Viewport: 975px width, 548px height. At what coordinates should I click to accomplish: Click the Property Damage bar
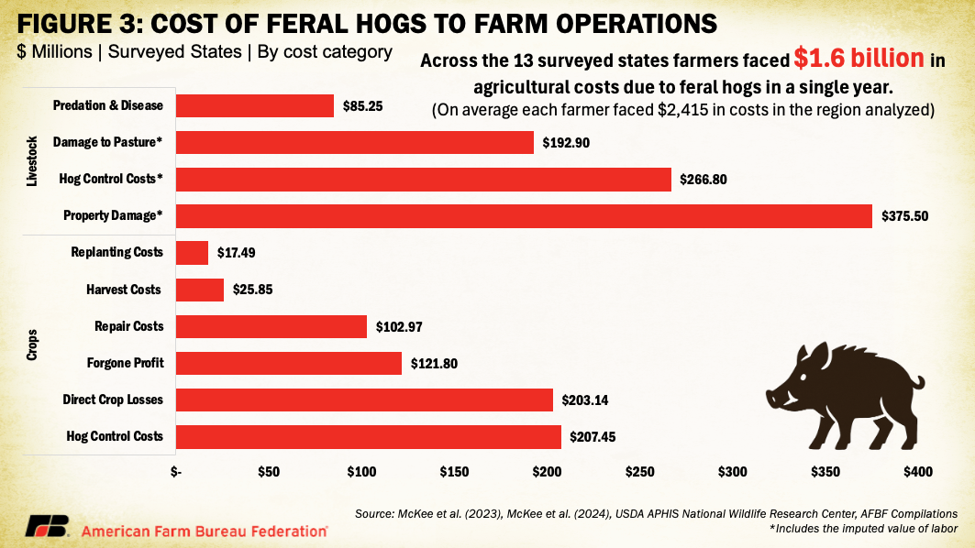(523, 215)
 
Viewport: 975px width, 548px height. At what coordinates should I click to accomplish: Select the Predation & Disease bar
(254, 105)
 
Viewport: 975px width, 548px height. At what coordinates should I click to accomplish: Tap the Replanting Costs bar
(192, 252)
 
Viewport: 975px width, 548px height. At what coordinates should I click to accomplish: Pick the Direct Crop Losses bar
(364, 400)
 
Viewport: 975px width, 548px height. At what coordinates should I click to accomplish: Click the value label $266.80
(704, 180)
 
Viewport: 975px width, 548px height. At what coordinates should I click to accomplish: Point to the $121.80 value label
(434, 363)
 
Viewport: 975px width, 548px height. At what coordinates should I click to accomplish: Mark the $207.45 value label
(593, 437)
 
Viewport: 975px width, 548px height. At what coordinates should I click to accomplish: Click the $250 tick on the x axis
(639, 472)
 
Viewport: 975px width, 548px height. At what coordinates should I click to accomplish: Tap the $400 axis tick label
(917, 472)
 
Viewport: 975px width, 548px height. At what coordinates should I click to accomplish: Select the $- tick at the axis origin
(176, 472)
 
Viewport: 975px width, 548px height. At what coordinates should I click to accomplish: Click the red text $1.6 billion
(859, 60)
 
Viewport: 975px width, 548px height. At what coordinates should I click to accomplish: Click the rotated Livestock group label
(32, 162)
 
